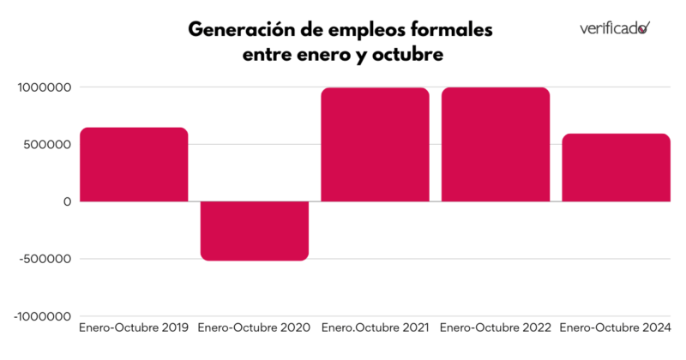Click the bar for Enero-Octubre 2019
134,165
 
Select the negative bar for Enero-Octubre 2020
255,231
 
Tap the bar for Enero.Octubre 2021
375,144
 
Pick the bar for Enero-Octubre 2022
496,144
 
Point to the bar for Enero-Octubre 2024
616,167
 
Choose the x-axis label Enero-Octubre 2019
134,328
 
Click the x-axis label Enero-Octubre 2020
255,328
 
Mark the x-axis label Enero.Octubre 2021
375,328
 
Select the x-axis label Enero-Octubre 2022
496,328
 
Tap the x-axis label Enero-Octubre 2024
616,328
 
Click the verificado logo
614,27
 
